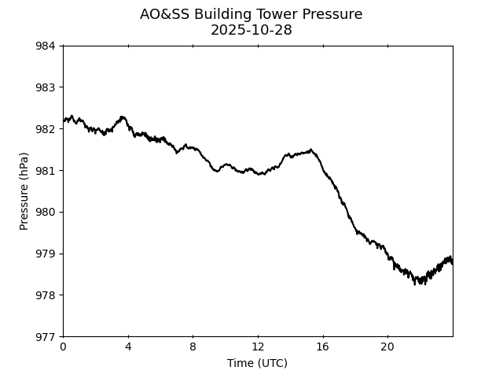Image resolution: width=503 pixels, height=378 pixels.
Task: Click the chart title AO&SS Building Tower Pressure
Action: coord(251,14)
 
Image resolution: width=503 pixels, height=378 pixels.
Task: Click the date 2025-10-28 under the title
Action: coord(251,30)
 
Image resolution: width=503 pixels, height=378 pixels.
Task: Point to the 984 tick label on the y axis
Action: coord(45,46)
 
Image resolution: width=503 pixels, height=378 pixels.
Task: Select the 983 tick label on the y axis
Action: coord(45,87)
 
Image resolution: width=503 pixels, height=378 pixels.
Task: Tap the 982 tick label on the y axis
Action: coord(45,129)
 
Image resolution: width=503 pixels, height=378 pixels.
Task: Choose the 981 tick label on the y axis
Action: coord(45,171)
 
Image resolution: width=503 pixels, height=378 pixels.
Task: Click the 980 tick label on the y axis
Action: coord(45,213)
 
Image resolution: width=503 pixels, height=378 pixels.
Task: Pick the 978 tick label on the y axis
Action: coord(45,295)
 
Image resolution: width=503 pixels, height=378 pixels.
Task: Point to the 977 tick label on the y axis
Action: coord(45,337)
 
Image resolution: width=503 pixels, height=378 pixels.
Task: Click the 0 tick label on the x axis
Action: coord(64,347)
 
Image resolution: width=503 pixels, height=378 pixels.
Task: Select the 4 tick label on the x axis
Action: coord(128,347)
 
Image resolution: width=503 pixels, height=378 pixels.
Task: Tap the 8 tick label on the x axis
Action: coord(193,347)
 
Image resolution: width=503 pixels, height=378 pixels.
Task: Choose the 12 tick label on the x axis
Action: coord(258,347)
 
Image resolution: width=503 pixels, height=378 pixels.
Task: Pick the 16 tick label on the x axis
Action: coord(323,347)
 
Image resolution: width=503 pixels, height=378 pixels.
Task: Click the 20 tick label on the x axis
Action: coord(387,347)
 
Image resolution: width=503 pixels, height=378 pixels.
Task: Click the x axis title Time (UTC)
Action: coord(257,363)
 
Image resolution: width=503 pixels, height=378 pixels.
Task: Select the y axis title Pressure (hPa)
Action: coord(24,191)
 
